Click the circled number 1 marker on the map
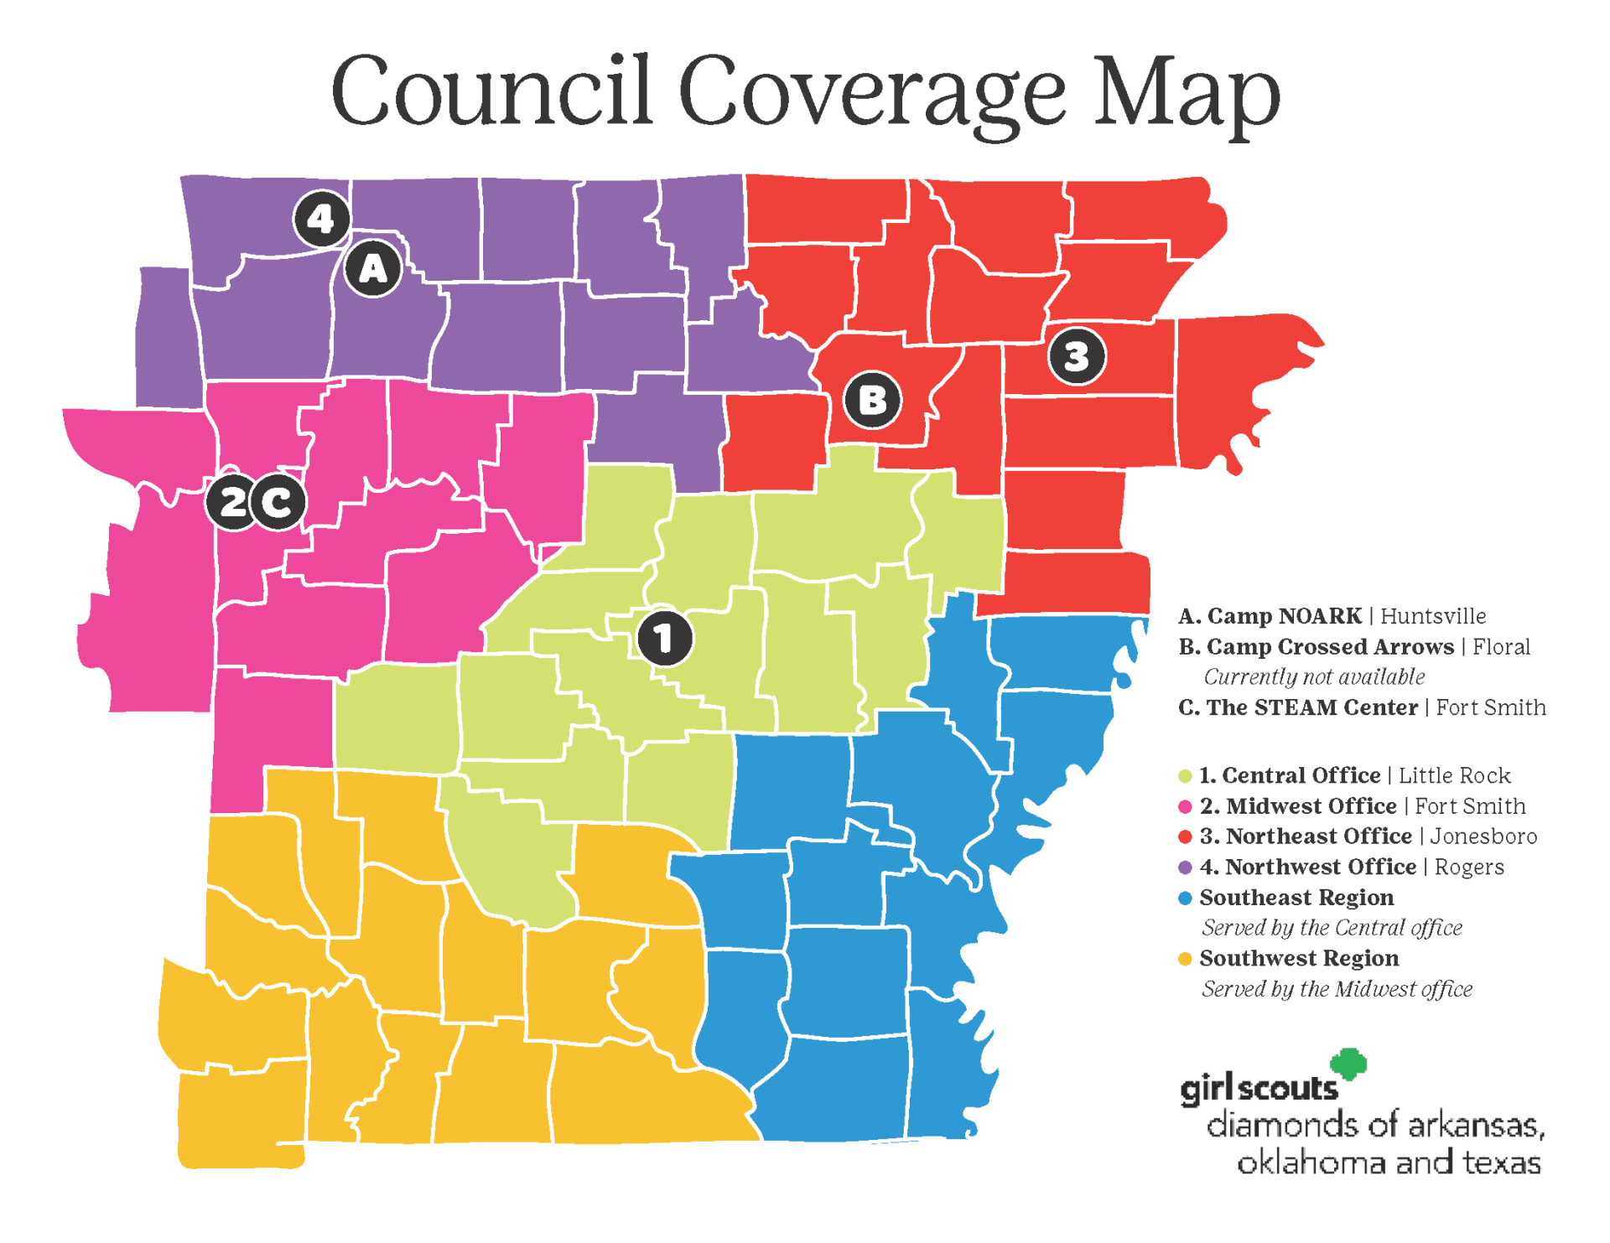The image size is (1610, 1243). click(664, 638)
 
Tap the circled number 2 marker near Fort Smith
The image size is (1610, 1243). click(232, 502)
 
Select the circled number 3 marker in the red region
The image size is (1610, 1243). click(1077, 356)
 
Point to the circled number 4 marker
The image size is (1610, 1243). click(321, 219)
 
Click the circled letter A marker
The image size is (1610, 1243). click(373, 268)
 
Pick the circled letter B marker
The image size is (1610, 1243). click(872, 400)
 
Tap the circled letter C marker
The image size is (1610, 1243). click(278, 502)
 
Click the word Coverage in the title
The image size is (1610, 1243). click(871, 91)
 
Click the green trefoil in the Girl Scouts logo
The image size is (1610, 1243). click(1349, 1064)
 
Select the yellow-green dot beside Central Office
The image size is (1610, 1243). click(1185, 776)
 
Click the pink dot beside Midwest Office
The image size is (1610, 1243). click(1185, 806)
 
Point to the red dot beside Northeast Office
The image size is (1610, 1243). click(1185, 836)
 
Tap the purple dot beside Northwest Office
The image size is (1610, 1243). click(1185, 867)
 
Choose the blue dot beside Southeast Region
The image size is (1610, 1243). click(1185, 898)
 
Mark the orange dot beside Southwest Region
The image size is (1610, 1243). click(1185, 959)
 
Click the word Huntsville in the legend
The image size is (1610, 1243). click(1433, 616)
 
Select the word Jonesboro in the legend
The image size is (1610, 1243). click(1483, 836)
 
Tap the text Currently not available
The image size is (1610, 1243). click(1314, 676)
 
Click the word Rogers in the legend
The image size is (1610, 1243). click(1468, 867)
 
